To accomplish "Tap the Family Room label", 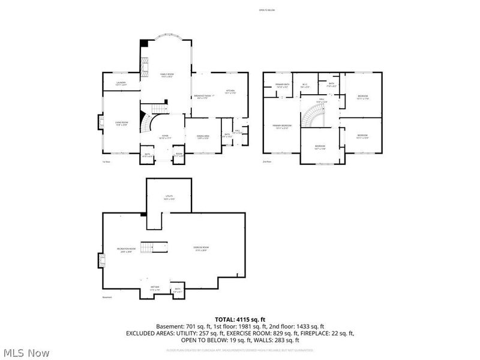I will (x=166, y=75).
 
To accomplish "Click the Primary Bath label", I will (x=283, y=85).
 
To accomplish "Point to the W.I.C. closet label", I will (x=304, y=85).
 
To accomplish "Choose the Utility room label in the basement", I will (x=169, y=197).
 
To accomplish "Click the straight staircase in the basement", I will (x=157, y=247).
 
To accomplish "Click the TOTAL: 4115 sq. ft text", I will (x=240, y=319).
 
